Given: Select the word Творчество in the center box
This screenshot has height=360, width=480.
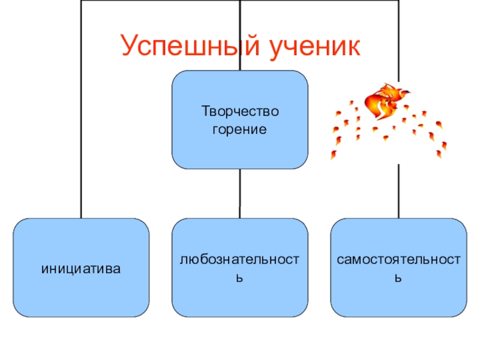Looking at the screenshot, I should coord(241,112).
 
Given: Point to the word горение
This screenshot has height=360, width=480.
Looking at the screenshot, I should coord(240,129).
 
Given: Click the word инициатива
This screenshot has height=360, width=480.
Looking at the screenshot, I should coord(81,268).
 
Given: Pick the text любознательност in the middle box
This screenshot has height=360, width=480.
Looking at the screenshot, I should coord(240,260).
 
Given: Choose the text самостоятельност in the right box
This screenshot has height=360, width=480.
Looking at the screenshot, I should coord(398,260).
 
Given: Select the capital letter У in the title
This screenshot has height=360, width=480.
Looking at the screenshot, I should coord(129,46).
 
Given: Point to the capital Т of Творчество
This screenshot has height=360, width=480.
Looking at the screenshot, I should coord(204,112).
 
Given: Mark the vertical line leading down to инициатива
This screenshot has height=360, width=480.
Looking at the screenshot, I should coord(81,150).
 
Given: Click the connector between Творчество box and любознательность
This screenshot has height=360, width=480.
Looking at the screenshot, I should coord(240,193).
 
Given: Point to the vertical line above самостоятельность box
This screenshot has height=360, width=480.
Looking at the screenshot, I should coord(398,192).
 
